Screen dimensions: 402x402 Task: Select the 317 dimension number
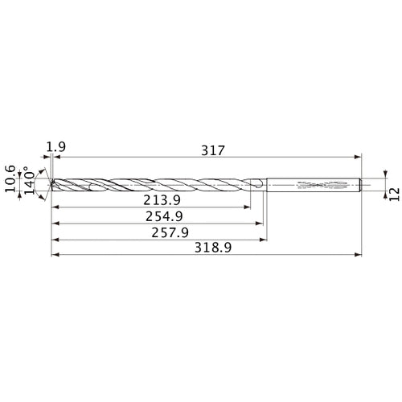tap(211, 150)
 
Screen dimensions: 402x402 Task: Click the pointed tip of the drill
tap(51, 184)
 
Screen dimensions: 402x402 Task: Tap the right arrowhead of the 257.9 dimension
tap(265, 239)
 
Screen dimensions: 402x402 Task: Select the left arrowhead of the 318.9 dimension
tap(54, 256)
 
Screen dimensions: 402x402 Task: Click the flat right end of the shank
tap(360, 185)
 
